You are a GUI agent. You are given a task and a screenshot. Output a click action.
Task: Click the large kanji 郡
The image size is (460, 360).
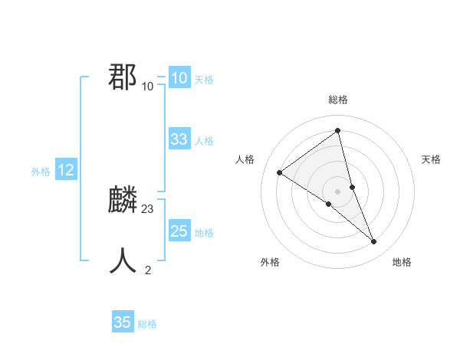pyautogui.click(x=123, y=77)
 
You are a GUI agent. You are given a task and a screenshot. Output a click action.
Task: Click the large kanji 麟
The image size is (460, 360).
pyautogui.click(x=123, y=201)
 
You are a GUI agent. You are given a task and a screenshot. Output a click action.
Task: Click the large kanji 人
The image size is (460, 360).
pyautogui.click(x=123, y=261)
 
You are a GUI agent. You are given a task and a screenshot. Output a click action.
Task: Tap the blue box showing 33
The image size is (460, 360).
pyautogui.click(x=179, y=139)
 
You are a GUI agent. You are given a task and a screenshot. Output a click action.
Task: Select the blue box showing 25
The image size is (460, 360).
pyautogui.click(x=179, y=231)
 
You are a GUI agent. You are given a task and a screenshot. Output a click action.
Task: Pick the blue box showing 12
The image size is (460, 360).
pyautogui.click(x=66, y=171)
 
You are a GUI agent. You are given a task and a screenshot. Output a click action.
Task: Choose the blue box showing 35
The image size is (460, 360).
pyautogui.click(x=123, y=322)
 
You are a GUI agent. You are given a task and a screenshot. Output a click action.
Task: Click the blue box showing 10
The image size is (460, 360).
pyautogui.click(x=179, y=78)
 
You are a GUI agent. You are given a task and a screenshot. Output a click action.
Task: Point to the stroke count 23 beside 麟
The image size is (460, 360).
pyautogui.click(x=148, y=208)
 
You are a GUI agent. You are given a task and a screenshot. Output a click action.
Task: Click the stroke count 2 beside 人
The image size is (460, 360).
pyautogui.click(x=148, y=270)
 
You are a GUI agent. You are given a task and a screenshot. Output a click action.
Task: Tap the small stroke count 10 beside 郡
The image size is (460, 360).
pyautogui.click(x=148, y=86)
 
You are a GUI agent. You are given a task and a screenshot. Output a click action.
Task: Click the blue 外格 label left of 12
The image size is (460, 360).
pyautogui.click(x=41, y=172)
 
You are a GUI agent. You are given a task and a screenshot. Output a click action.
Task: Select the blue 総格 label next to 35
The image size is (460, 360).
pyautogui.click(x=147, y=324)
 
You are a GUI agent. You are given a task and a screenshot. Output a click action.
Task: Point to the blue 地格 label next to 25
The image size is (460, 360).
pyautogui.click(x=204, y=233)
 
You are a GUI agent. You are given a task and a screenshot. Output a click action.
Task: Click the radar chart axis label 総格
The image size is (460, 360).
pyautogui.click(x=338, y=100)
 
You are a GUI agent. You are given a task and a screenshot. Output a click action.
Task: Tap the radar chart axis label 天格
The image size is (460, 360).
pyautogui.click(x=432, y=159)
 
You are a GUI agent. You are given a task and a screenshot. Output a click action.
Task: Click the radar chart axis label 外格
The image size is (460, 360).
pyautogui.click(x=270, y=262)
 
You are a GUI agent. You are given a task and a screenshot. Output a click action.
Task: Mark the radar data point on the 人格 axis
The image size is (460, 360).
pyautogui.click(x=280, y=173)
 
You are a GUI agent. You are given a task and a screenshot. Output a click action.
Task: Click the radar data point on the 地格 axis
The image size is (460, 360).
pyautogui.click(x=374, y=242)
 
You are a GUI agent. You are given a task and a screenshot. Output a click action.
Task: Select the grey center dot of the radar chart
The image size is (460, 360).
pyautogui.click(x=338, y=191)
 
